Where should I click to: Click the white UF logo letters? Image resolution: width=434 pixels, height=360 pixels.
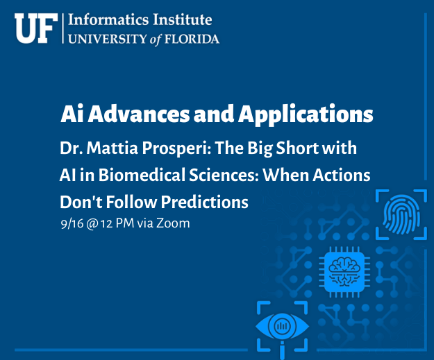[x=36, y=28]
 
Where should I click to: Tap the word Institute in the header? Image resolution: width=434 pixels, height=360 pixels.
[x=183, y=19]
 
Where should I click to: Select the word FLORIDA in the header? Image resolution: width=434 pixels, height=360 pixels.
[x=192, y=39]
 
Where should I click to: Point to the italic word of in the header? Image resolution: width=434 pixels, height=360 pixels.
[x=155, y=40]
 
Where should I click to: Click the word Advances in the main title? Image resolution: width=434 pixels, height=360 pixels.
[x=139, y=114]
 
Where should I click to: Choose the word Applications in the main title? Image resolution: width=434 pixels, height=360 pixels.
[x=306, y=114]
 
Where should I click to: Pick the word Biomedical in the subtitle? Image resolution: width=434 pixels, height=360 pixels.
[x=142, y=175]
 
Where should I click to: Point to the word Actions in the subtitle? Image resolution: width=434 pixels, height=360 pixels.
[x=341, y=175]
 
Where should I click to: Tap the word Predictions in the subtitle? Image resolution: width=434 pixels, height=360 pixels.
[x=205, y=202]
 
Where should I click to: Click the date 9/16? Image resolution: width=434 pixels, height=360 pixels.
[x=72, y=223]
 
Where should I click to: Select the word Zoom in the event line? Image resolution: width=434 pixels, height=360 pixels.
[x=173, y=223]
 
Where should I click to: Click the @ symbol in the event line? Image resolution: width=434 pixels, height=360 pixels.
[x=92, y=223]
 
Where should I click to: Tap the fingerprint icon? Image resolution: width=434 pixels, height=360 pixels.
[x=401, y=214]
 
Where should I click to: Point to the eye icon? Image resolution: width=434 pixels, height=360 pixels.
[x=283, y=327]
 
